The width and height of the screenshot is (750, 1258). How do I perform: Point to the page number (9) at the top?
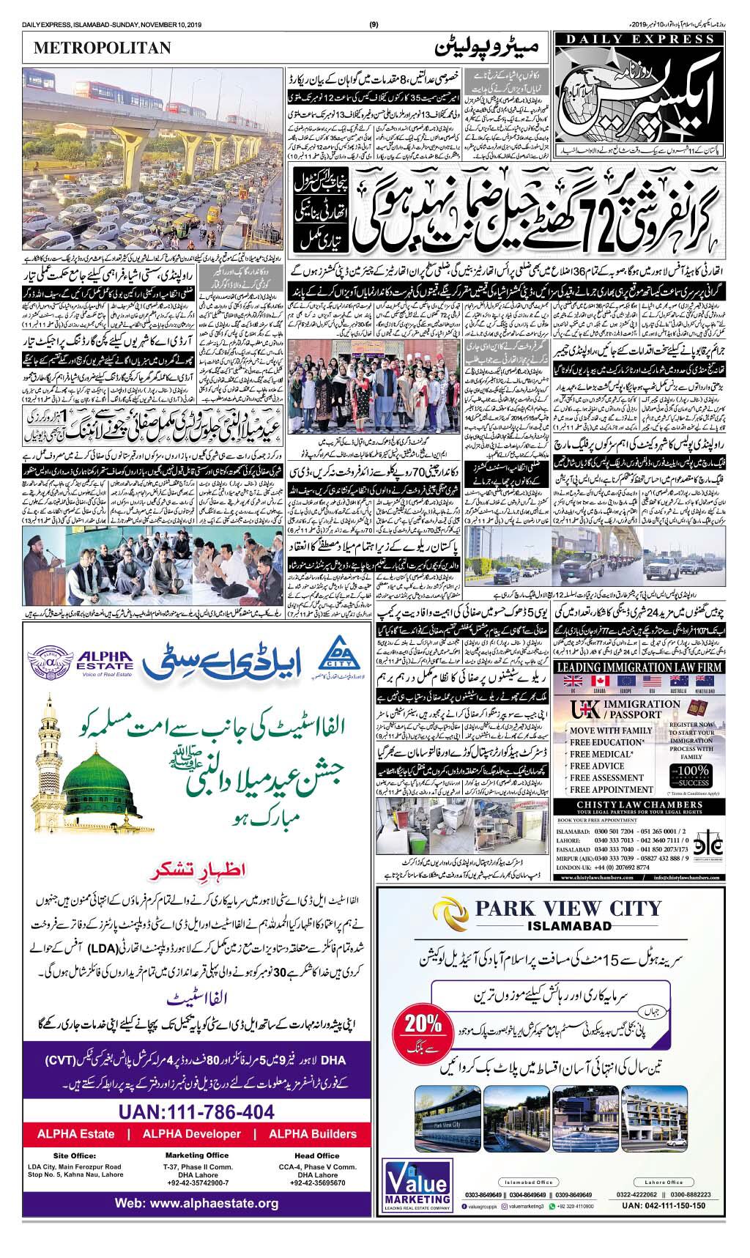point(374,25)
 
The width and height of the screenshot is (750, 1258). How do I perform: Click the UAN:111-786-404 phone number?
point(197,1112)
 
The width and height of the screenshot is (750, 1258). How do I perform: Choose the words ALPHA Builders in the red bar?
point(313,1134)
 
